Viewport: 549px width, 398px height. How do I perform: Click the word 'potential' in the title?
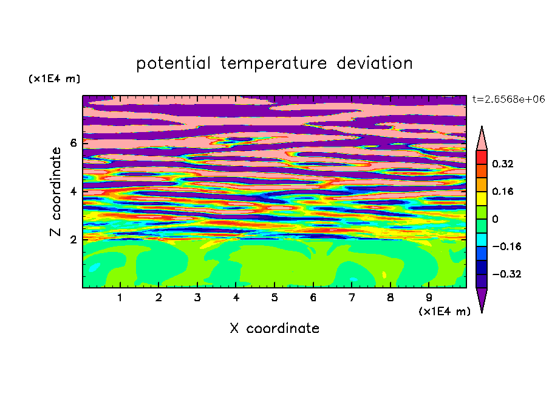[173, 64]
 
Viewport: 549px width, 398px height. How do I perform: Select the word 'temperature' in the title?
[273, 64]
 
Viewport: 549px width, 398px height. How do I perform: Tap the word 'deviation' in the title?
[374, 63]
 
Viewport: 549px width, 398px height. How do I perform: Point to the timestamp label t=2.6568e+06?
[508, 99]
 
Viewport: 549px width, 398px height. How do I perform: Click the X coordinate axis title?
[274, 328]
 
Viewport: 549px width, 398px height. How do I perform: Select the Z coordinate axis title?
[56, 192]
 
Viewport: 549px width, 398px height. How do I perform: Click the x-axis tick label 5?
[274, 298]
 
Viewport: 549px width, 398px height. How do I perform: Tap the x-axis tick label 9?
[429, 298]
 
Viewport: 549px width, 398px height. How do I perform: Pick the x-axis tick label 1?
[120, 298]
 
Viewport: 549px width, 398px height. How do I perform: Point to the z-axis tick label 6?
[73, 143]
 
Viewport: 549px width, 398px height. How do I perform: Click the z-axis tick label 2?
[73, 240]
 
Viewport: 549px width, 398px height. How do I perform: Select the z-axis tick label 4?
[73, 191]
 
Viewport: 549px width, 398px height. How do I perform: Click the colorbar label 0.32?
[503, 164]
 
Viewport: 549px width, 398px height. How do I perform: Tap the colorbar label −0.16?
[506, 246]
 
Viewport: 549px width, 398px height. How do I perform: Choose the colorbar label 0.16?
[503, 191]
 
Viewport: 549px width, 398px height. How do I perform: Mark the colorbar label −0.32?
[506, 274]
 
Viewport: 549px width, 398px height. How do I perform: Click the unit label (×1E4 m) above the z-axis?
[54, 79]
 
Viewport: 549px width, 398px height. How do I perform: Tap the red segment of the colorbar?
[482, 157]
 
